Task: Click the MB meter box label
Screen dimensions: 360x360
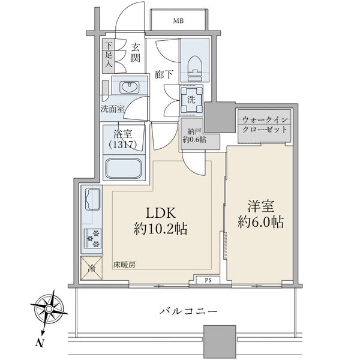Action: tap(178, 21)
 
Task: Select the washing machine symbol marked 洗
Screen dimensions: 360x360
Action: tap(191, 100)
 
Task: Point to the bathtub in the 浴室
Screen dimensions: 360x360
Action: tap(124, 169)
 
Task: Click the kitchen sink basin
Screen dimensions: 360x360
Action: tap(92, 199)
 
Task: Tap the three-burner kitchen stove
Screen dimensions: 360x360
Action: tap(92, 238)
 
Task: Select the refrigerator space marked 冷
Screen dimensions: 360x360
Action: tap(91, 268)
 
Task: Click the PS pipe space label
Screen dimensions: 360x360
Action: tap(208, 281)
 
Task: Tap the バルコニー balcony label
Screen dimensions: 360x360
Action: tap(188, 311)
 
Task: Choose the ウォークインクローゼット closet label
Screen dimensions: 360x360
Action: tap(265, 125)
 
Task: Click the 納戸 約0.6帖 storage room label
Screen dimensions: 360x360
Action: tap(194, 136)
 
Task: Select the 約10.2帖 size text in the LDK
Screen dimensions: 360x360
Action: tap(160, 229)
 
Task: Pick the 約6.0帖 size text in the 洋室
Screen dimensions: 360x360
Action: tap(261, 222)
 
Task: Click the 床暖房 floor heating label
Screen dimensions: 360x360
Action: tap(124, 265)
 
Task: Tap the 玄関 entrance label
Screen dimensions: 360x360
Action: tap(136, 53)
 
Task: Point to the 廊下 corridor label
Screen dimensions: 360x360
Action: tap(164, 74)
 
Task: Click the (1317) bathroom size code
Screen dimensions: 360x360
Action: tap(123, 145)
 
